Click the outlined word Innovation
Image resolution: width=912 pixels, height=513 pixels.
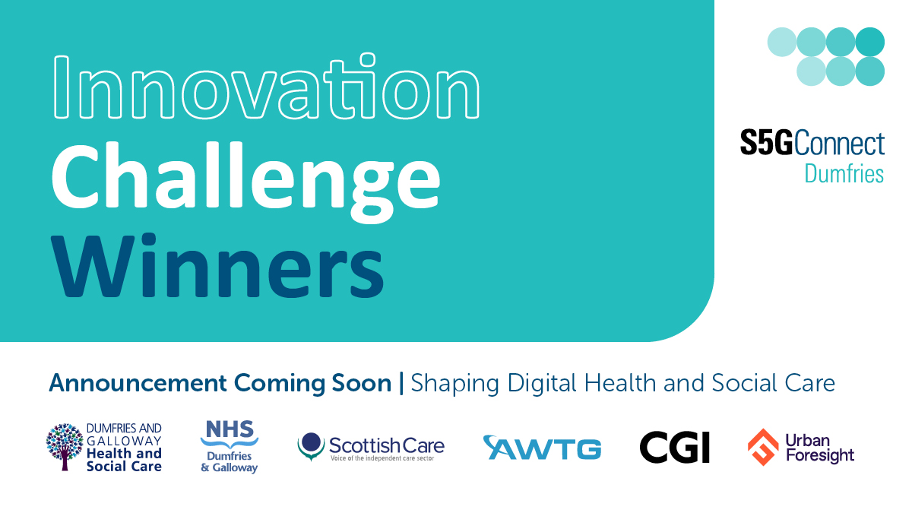pos(265,90)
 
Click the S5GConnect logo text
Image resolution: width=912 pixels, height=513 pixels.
pos(812,144)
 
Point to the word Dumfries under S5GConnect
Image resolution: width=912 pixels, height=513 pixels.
pos(844,174)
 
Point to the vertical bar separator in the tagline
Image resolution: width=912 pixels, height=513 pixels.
pos(402,384)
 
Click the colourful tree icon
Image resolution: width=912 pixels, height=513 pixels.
pos(65,448)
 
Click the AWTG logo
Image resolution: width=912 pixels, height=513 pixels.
pos(542,448)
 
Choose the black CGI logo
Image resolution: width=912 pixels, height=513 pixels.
pos(674,448)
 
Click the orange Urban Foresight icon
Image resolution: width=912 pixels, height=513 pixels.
pos(763,447)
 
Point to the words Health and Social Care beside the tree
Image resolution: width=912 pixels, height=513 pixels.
pos(124,460)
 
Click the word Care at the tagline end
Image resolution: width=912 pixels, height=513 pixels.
pos(811,383)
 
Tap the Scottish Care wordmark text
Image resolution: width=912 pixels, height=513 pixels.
pos(386,445)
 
